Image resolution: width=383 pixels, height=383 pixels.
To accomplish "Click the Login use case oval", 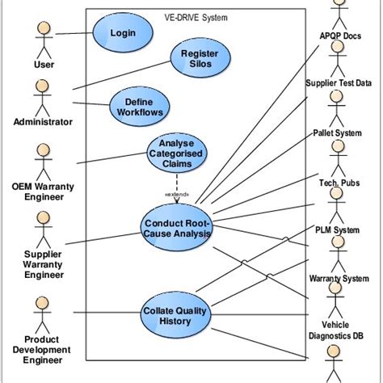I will tap(122, 34).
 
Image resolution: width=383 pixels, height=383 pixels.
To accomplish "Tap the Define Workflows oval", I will tap(139, 107).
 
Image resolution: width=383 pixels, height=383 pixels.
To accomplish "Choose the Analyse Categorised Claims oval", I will tap(176, 152).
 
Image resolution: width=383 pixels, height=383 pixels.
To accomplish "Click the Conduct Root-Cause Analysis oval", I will tap(177, 229).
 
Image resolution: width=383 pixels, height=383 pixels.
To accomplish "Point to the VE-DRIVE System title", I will tap(196, 17).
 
